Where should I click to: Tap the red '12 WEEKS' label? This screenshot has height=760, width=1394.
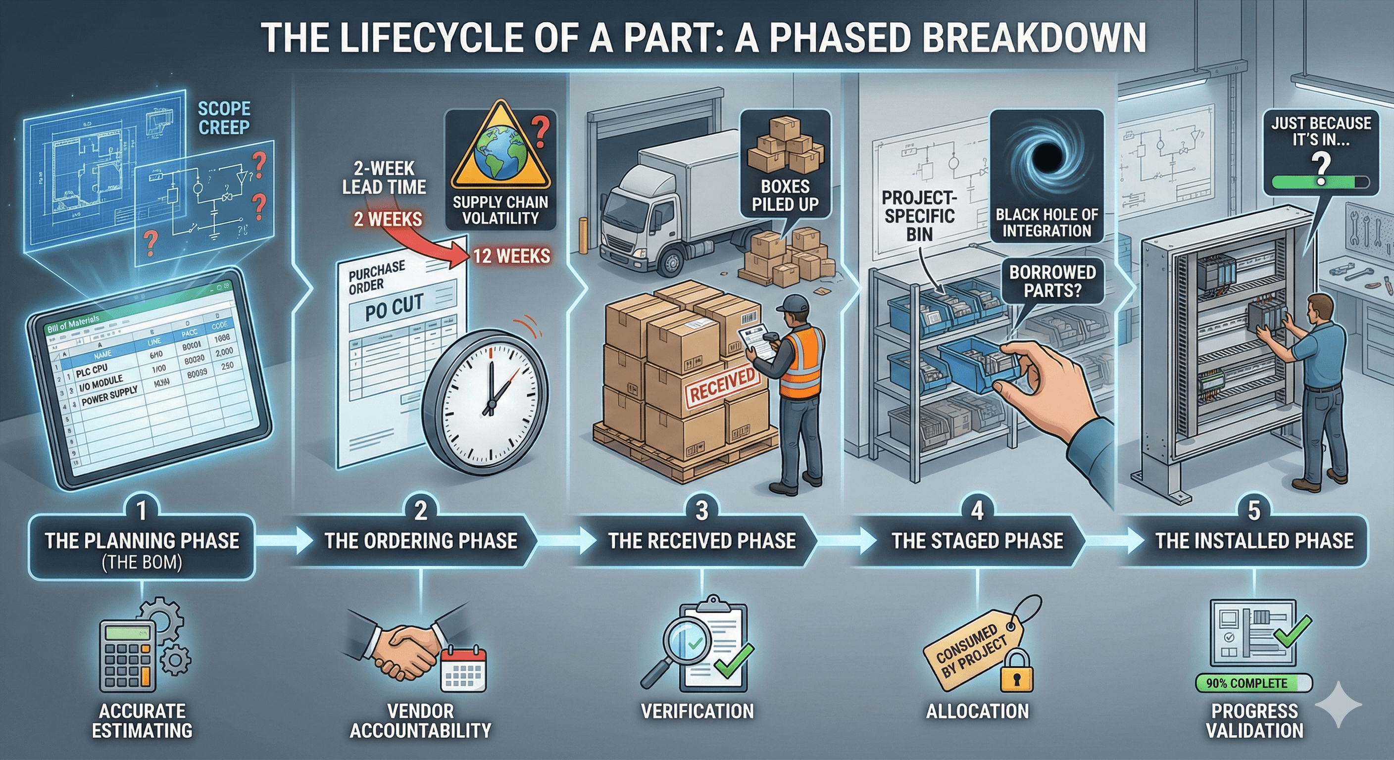click(x=511, y=256)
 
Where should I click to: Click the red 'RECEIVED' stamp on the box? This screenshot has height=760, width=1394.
click(x=722, y=385)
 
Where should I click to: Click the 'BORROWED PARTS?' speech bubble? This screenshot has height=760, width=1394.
click(x=1052, y=281)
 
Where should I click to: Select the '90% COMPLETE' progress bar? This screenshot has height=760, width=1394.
click(x=1253, y=683)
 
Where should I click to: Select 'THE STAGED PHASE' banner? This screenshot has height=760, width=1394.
click(x=977, y=541)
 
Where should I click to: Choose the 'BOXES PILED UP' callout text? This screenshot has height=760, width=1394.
click(x=785, y=195)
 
